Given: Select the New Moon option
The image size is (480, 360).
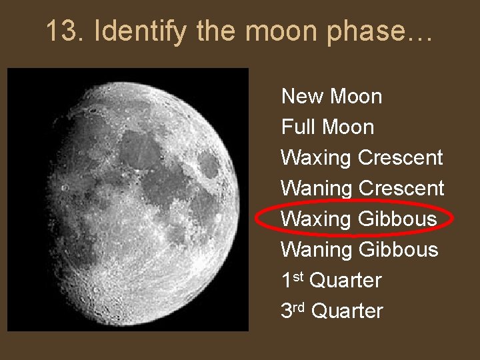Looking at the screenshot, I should click(331, 97).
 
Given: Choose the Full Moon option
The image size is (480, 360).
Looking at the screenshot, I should click(327, 127).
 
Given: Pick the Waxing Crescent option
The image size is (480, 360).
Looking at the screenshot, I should click(361, 158).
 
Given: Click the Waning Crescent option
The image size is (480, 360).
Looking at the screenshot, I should click(362, 189).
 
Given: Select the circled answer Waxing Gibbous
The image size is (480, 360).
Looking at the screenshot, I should click(359, 219).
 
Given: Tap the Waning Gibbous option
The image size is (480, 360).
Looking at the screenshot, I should click(359, 250).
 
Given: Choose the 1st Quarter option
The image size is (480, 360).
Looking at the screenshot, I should click(331, 281).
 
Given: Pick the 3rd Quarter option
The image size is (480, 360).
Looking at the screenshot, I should click(332, 311).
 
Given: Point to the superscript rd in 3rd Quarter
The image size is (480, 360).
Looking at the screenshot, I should click(300, 306).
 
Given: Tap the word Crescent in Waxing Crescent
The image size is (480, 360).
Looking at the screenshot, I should click(400, 158).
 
